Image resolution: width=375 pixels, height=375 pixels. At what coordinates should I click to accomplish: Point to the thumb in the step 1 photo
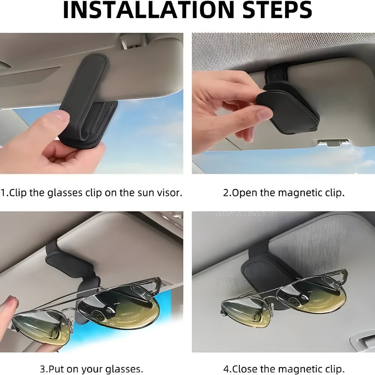56,124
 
